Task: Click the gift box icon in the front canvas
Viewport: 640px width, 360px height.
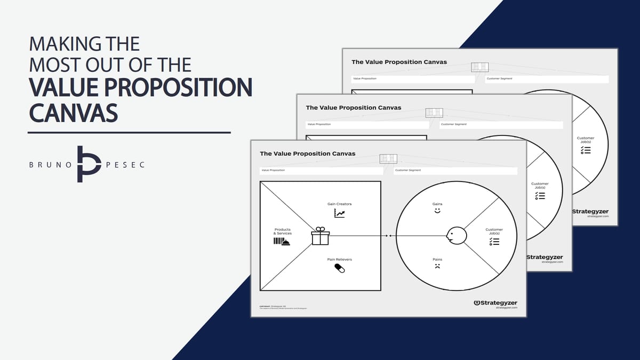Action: pos(320,236)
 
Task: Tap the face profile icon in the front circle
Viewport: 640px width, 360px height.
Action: pos(456,235)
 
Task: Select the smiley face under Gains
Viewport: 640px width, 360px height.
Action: pos(437,211)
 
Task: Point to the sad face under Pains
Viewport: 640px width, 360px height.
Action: pos(437,266)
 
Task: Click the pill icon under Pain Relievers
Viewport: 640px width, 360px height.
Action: pos(339,268)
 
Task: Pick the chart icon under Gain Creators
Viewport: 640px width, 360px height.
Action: pos(339,213)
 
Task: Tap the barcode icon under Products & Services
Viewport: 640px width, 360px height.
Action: pos(282,242)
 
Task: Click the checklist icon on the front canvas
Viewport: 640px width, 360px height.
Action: pos(494,242)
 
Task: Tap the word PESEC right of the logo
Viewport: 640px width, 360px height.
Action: pos(126,165)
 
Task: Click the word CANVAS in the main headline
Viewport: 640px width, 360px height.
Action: pos(73,113)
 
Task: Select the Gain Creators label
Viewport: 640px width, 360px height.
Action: pos(339,204)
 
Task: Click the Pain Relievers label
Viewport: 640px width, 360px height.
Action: pos(339,259)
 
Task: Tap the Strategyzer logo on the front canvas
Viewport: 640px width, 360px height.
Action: pos(495,303)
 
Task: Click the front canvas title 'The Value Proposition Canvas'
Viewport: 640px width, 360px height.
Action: pos(307,154)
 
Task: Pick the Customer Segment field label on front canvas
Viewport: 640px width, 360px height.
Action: pos(408,170)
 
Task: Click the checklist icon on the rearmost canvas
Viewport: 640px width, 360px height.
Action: pos(586,150)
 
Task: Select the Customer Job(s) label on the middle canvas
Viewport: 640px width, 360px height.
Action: pos(540,186)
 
